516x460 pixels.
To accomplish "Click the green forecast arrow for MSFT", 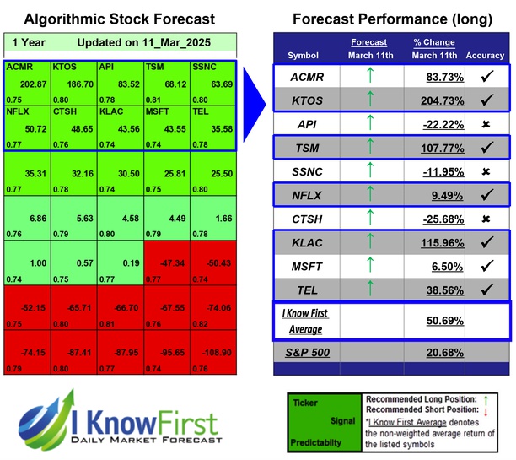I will (368, 265).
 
